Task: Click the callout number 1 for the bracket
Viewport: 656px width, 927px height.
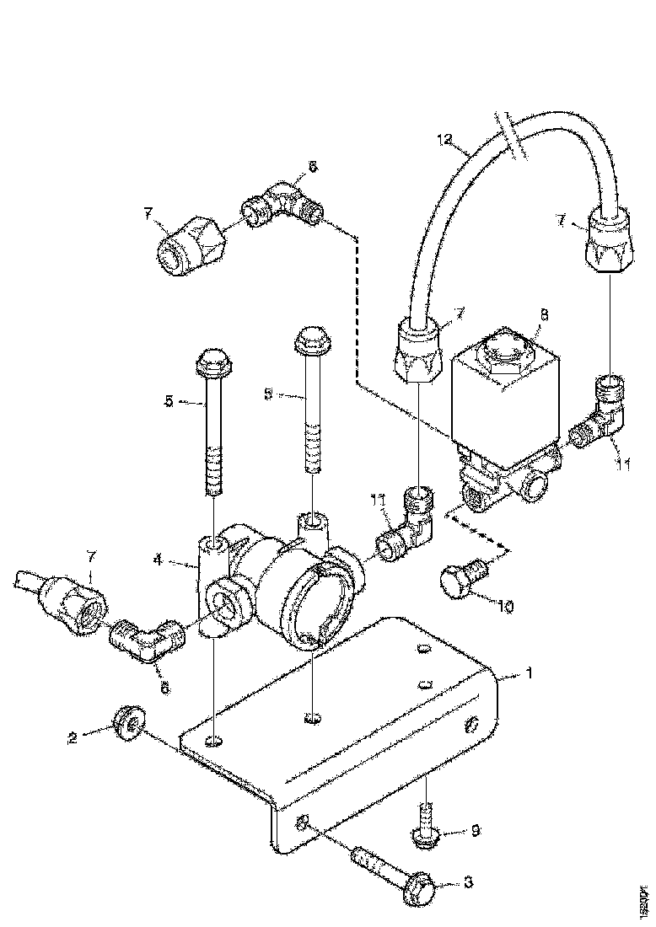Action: pos(528,673)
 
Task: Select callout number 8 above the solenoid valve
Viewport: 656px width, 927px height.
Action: pos(543,315)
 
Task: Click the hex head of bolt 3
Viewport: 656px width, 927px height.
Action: pos(421,888)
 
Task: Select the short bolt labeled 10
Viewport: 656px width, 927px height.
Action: pos(460,581)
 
